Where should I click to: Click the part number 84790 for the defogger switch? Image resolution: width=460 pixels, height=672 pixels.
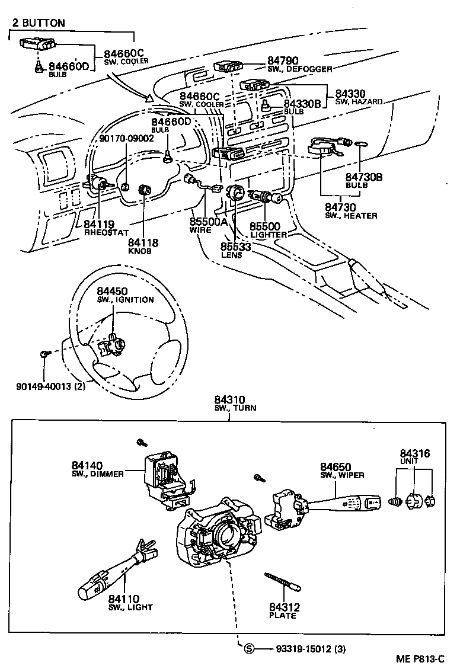pyautogui.click(x=285, y=60)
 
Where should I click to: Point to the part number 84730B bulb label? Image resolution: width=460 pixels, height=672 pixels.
pyautogui.click(x=365, y=177)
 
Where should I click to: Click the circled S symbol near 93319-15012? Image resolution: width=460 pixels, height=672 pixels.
pyautogui.click(x=250, y=648)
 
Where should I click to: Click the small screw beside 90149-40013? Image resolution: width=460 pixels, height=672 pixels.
pyautogui.click(x=44, y=354)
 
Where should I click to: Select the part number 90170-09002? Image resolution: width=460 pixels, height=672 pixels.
pyautogui.click(x=126, y=138)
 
